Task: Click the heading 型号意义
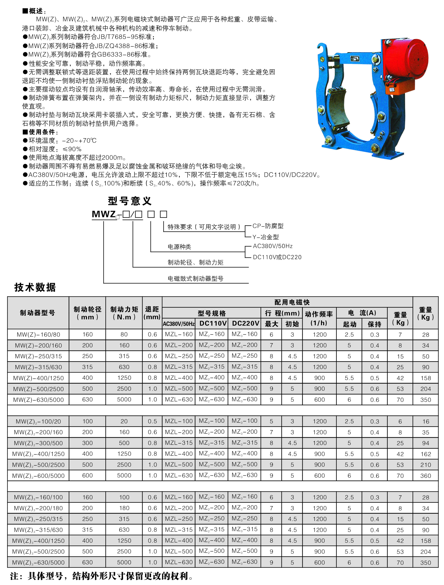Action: (130, 201)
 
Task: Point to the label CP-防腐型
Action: (268, 226)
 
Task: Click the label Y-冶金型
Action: (265, 237)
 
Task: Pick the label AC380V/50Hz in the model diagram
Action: (272, 246)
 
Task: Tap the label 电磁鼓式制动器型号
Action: (195, 278)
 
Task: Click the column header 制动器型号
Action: (38, 313)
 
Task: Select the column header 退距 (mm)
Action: (152, 313)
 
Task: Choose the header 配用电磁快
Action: (292, 302)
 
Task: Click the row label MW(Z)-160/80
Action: (38, 335)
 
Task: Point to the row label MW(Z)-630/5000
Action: (38, 400)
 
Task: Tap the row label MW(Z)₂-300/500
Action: (38, 443)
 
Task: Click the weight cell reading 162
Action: (426, 454)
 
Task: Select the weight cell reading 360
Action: (426, 476)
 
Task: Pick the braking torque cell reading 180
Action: (124, 508)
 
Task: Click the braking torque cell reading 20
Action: (124, 421)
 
